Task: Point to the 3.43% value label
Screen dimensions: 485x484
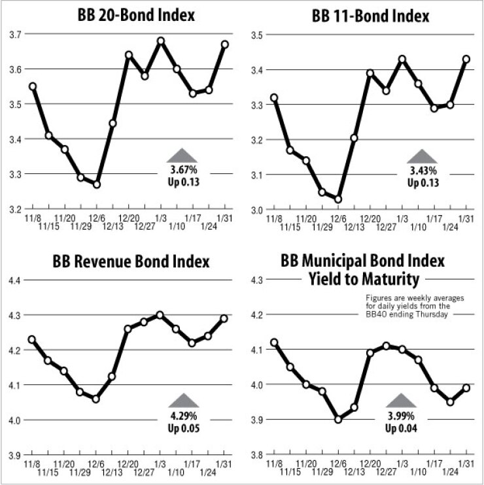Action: pos(422,171)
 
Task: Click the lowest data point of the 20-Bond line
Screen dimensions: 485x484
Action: pos(97,184)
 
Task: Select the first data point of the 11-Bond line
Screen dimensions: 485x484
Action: pos(274,98)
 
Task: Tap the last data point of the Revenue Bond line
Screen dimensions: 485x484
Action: pos(225,318)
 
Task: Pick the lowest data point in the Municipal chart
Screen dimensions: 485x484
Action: pos(338,420)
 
